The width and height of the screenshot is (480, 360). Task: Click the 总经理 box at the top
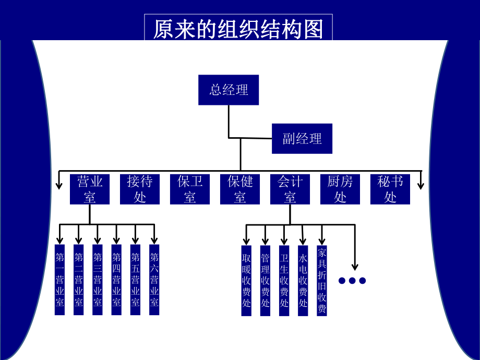click(x=229, y=90)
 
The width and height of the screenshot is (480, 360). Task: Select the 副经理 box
click(x=302, y=138)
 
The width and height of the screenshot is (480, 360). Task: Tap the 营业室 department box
click(x=90, y=189)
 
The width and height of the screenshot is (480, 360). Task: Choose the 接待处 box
click(x=140, y=189)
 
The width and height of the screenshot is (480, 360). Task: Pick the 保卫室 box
click(x=190, y=189)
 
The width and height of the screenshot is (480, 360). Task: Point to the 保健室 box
click(x=240, y=189)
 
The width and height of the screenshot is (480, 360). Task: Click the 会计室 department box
click(x=290, y=189)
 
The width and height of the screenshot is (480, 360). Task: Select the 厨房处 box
click(x=340, y=189)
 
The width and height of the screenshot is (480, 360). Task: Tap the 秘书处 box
click(x=390, y=189)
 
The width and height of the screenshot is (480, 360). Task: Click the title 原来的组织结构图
click(x=238, y=29)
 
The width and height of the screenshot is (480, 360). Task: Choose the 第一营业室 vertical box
click(x=59, y=280)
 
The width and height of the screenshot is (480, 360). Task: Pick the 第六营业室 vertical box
click(x=154, y=280)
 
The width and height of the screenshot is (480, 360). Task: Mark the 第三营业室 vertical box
click(x=98, y=280)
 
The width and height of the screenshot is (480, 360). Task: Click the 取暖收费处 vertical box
click(x=246, y=280)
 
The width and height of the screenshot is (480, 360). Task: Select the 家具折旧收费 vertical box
click(x=322, y=280)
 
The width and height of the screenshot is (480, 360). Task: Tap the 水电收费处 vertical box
click(x=303, y=280)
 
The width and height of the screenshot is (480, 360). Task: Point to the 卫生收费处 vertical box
click(x=284, y=280)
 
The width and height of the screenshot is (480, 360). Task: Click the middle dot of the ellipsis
click(x=352, y=281)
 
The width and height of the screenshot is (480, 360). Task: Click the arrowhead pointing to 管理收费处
click(x=265, y=241)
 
